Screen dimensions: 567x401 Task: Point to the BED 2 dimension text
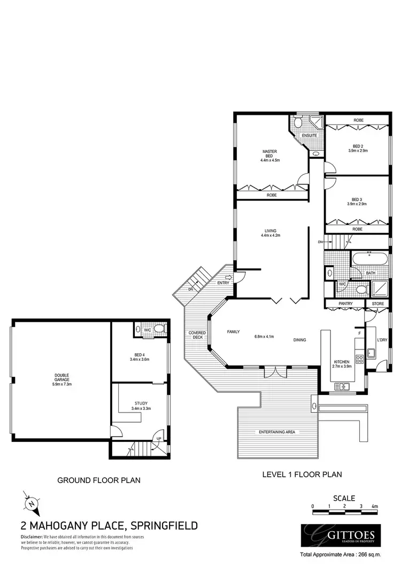pos(357,151)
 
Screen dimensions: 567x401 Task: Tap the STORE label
pos(378,304)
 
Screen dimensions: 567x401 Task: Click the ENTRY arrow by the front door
pos(229,277)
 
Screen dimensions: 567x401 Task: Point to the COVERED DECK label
pos(196,335)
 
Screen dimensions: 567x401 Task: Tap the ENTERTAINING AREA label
pos(277,432)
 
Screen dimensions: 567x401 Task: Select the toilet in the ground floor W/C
pos(159,330)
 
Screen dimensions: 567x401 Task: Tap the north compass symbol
pos(32,503)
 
